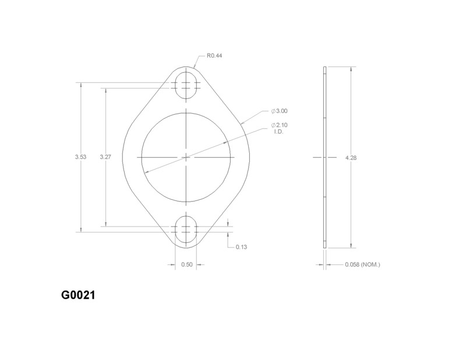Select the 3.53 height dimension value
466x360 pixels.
(x=81, y=157)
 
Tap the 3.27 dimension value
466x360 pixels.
(x=105, y=157)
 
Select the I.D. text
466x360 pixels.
(x=278, y=132)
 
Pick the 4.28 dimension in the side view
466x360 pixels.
(x=351, y=157)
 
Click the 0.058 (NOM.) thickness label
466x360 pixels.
(x=362, y=265)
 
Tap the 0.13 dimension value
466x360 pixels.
(x=241, y=247)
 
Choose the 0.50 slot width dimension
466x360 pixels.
(x=186, y=265)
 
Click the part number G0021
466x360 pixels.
(x=78, y=295)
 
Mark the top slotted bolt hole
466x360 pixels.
(x=186, y=84)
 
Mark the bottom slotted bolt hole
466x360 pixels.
(x=186, y=230)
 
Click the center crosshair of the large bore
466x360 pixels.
(x=186, y=157)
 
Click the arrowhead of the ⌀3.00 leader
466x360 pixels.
(x=241, y=122)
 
